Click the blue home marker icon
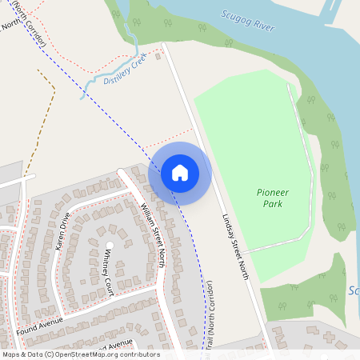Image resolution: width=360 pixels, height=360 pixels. pos(180,173)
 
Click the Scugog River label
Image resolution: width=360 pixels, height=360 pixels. pos(248,22)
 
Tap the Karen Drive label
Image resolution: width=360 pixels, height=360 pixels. pos(64,232)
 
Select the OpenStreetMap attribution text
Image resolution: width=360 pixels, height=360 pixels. pos(80,354)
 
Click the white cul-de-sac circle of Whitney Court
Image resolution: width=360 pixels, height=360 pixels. pos(110,246)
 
